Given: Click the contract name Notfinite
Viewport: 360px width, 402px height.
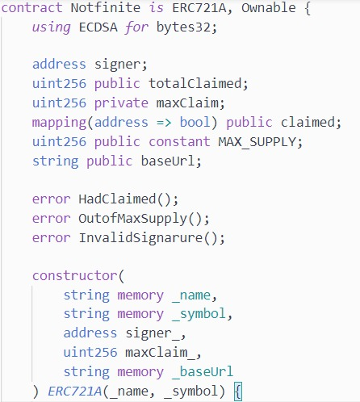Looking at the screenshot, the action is click(106, 7).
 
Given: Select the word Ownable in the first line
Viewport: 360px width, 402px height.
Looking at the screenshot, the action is click(269, 7).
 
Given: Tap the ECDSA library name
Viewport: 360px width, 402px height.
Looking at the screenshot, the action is click(98, 27).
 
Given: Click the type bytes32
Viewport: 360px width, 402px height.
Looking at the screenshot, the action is click(184, 27).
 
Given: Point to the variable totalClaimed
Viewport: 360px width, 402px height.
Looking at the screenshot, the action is click(195, 83).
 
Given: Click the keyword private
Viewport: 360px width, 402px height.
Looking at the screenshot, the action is click(121, 103).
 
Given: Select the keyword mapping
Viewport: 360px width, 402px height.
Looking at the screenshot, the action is click(59, 123).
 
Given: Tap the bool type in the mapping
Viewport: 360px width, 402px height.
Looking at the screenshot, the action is click(195, 122).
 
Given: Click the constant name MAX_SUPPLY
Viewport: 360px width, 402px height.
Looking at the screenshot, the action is click(257, 142).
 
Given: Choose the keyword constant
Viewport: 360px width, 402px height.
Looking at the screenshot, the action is click(179, 141).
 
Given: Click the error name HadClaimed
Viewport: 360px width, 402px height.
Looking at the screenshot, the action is click(117, 199).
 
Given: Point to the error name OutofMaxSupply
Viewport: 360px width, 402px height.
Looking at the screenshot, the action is click(132, 219).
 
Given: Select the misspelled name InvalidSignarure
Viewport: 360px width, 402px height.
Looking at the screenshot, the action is click(140, 238).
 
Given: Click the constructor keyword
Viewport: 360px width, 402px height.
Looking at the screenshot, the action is click(75, 276).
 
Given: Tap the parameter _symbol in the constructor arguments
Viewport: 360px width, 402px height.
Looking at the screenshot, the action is click(199, 314).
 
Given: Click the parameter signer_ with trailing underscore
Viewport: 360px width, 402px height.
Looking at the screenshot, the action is click(153, 333).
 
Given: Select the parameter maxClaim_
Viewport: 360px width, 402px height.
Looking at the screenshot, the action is click(160, 353).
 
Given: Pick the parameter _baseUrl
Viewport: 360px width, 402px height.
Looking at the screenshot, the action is click(203, 372).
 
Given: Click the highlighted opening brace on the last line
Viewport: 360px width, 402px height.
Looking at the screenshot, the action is click(238, 392).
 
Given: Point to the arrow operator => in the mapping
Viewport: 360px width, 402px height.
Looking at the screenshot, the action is click(164, 123).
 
